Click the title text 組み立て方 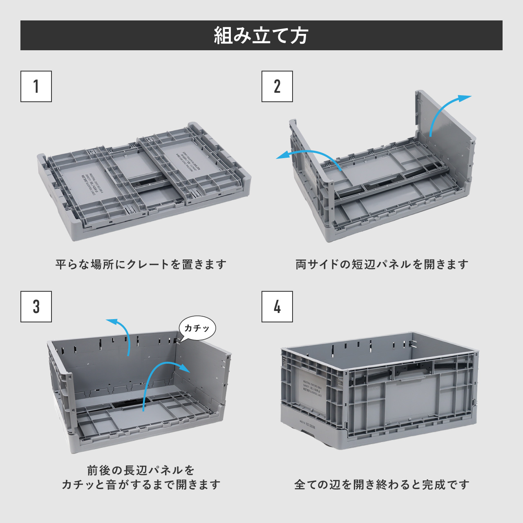(x=261, y=36)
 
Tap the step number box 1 (x=36, y=86)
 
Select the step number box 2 (x=277, y=86)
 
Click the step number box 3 (x=36, y=306)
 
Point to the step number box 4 (x=277, y=306)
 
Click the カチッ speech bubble (x=197, y=328)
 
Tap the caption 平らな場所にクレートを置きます (x=141, y=264)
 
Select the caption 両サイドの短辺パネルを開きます (x=382, y=264)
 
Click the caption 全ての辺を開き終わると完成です (x=382, y=485)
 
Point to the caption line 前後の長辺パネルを (x=141, y=470)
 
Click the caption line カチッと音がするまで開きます (x=141, y=485)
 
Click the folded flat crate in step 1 (x=143, y=180)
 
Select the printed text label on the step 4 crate (x=313, y=387)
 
